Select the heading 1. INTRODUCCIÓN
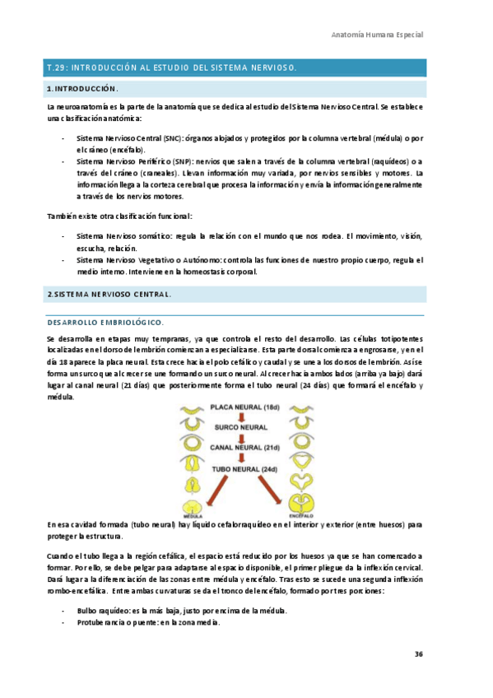pyautogui.click(x=83, y=88)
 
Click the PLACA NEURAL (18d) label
pyautogui.click(x=244, y=407)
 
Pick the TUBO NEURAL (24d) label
pyautogui.click(x=244, y=470)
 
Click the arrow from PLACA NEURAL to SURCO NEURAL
pyautogui.click(x=241, y=418)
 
